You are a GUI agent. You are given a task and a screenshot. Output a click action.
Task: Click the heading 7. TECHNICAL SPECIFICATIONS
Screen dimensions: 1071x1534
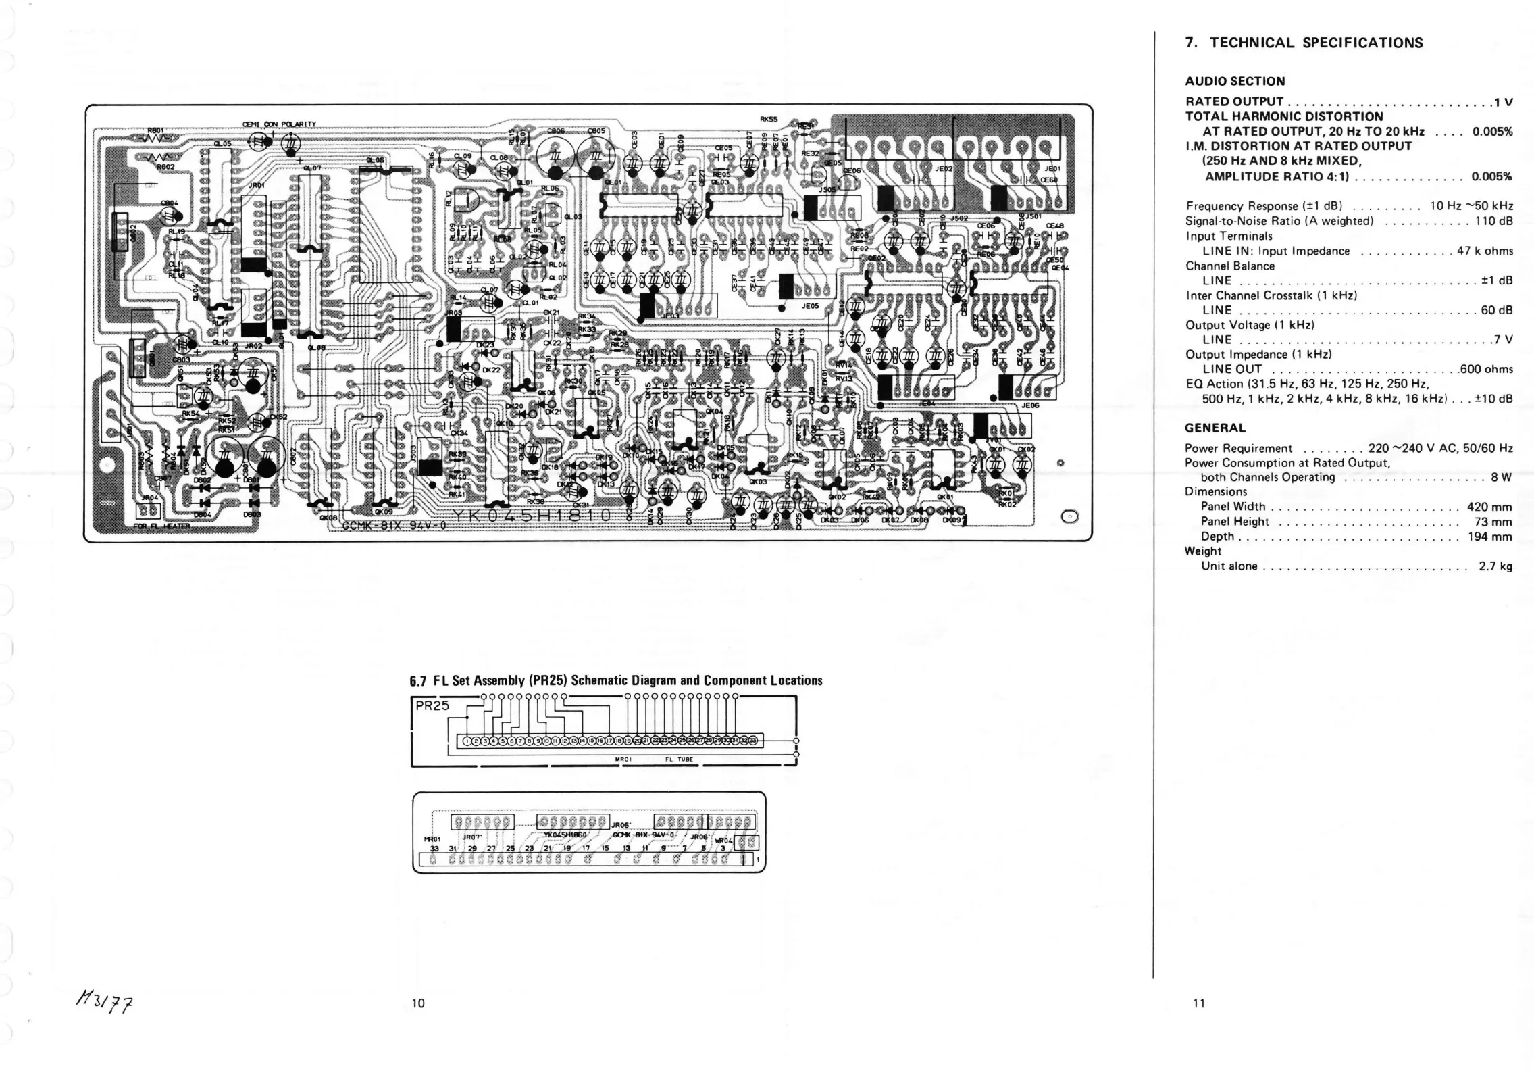coord(1304,43)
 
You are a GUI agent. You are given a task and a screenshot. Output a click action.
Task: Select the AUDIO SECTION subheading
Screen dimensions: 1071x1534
coord(1235,82)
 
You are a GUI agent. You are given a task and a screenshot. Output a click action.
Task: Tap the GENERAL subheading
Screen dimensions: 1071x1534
coord(1215,428)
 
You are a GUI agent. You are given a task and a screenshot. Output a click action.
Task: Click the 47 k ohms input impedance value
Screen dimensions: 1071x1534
coord(1485,251)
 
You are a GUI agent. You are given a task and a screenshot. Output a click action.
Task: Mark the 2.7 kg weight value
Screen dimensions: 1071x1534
coord(1495,566)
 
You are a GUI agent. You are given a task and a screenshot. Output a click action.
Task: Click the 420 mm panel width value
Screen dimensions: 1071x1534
coord(1489,507)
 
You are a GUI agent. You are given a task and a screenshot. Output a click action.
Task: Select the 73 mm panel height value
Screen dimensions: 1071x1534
coord(1493,522)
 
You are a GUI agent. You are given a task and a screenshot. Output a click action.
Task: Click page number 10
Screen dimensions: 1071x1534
coord(418,1003)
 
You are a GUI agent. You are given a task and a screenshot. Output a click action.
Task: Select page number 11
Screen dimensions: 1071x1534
coord(1199,1003)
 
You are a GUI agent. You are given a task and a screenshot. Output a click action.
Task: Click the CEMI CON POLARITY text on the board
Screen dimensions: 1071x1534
coord(279,124)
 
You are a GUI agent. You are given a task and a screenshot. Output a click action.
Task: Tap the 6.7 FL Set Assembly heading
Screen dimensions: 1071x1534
coord(616,680)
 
